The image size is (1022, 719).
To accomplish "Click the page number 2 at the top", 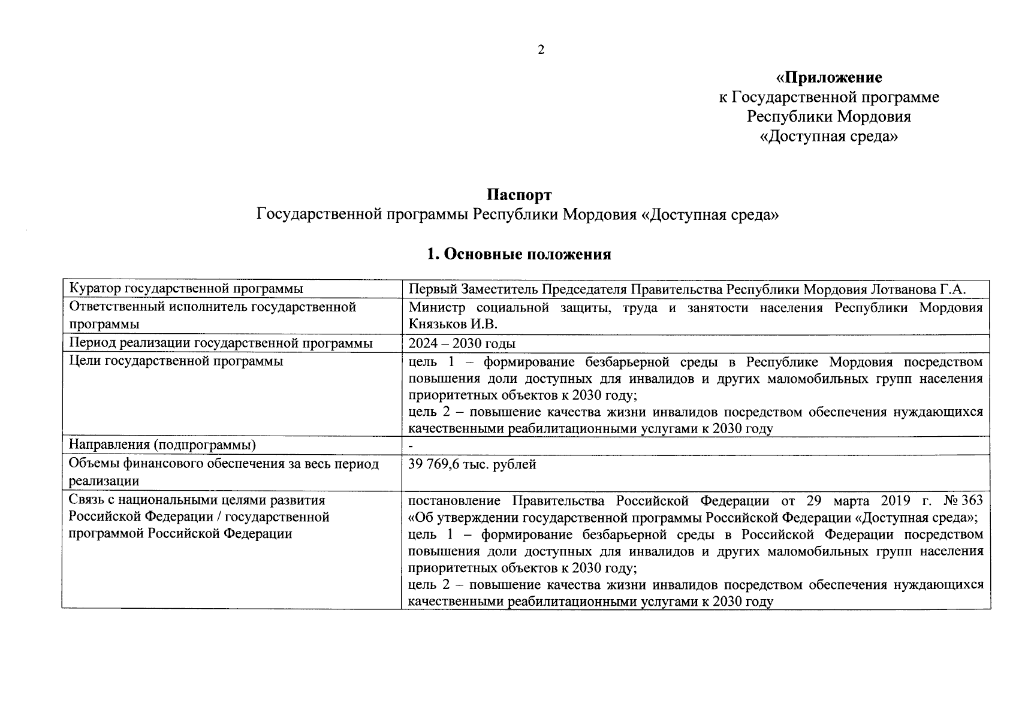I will point(541,50).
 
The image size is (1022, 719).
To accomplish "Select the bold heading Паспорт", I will point(518,195).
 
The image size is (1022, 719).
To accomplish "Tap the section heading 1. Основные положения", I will point(518,254).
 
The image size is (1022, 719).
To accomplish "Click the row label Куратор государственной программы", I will point(186,289).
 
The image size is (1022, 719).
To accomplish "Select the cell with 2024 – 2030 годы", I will point(462,343).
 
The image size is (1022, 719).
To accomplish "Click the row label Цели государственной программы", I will point(176,361).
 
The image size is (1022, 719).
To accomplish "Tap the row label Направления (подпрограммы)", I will point(162,445).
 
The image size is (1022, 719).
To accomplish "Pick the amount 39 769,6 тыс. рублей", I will point(472,464).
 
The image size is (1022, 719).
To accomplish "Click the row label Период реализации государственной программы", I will point(221,343).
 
